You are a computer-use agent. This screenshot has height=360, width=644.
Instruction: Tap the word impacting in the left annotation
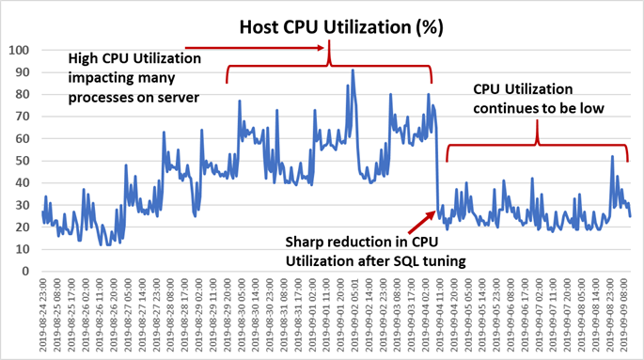click(101, 76)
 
